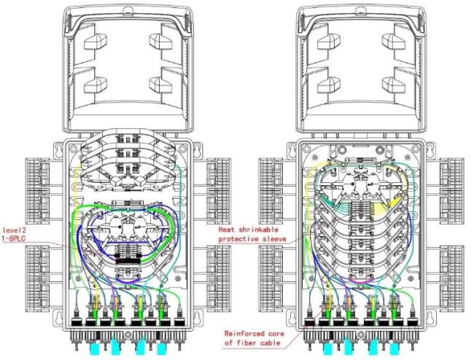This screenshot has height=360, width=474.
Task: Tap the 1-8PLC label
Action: click(14, 238)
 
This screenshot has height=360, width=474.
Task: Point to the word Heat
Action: click(227, 230)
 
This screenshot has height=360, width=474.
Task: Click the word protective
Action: click(238, 239)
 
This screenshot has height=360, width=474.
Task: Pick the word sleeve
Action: click(274, 239)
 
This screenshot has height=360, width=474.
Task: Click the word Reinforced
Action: click(244, 334)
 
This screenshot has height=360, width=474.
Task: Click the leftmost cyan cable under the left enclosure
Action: click(95, 348)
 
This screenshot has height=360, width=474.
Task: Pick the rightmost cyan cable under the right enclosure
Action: click(394, 348)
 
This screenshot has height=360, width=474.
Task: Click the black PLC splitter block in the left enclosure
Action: click(128, 261)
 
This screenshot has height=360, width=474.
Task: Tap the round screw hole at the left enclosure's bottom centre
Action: click(128, 334)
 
